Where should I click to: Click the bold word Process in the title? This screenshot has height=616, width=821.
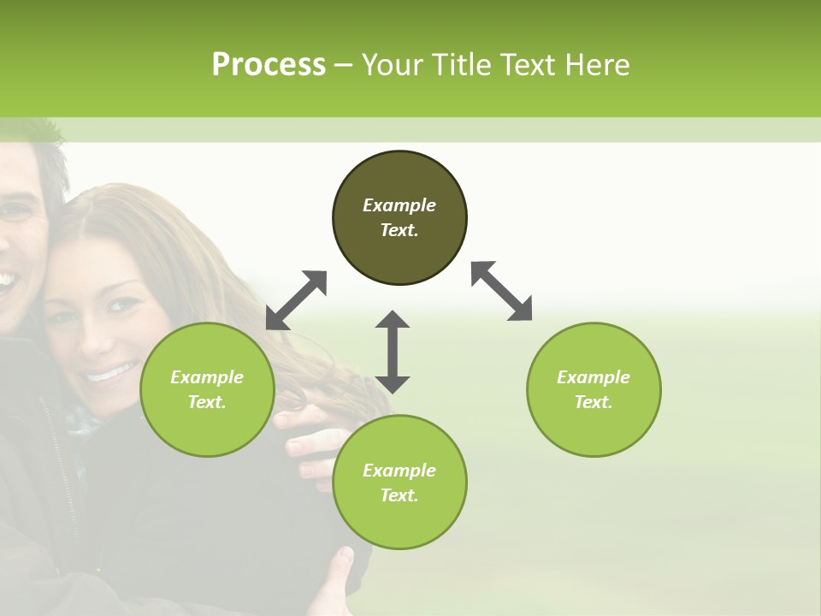tap(269, 65)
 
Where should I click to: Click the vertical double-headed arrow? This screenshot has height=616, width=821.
tap(393, 352)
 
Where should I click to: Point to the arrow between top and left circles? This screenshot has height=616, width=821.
tap(297, 299)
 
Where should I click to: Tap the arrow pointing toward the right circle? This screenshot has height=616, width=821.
tap(502, 291)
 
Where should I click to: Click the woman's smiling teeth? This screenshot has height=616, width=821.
tap(111, 373)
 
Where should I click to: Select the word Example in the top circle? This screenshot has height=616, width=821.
tap(399, 205)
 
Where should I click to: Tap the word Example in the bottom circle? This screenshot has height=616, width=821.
tap(399, 471)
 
